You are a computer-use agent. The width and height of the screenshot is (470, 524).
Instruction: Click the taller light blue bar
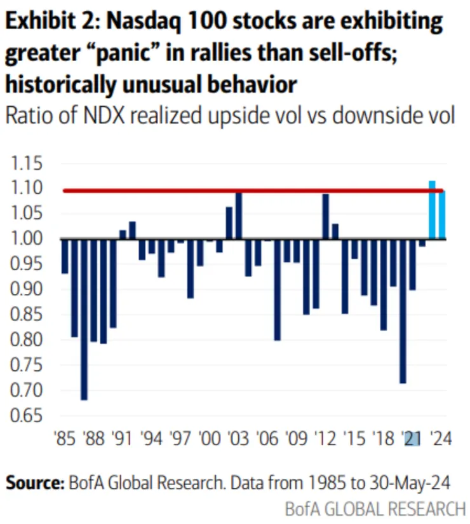coord(432,210)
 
